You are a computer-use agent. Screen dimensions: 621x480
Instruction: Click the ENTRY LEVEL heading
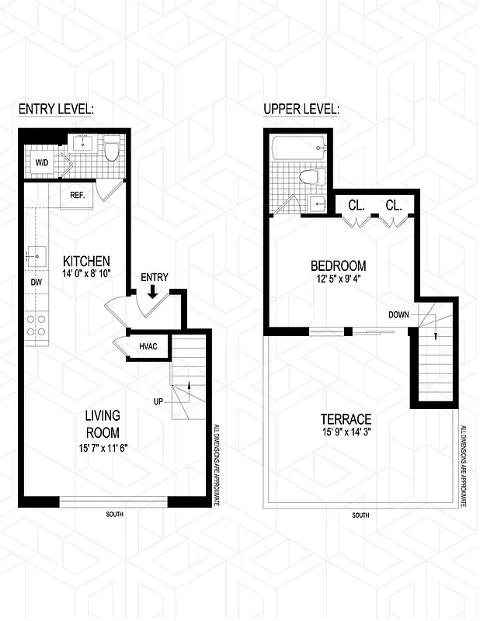click(x=56, y=109)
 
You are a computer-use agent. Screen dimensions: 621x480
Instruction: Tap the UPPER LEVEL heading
click(x=301, y=109)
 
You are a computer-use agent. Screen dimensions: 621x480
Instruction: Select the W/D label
click(x=41, y=163)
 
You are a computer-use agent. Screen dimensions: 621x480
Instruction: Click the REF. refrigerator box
click(x=77, y=195)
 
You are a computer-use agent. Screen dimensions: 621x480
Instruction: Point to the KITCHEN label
click(x=86, y=261)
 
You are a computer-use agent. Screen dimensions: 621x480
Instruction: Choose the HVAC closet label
click(x=149, y=346)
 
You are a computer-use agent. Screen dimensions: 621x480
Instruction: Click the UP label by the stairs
click(x=159, y=401)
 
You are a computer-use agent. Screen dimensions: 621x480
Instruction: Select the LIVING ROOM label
click(x=102, y=424)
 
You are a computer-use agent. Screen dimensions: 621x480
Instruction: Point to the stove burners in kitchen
click(x=36, y=324)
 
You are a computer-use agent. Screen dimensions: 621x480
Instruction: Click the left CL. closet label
click(x=357, y=206)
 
